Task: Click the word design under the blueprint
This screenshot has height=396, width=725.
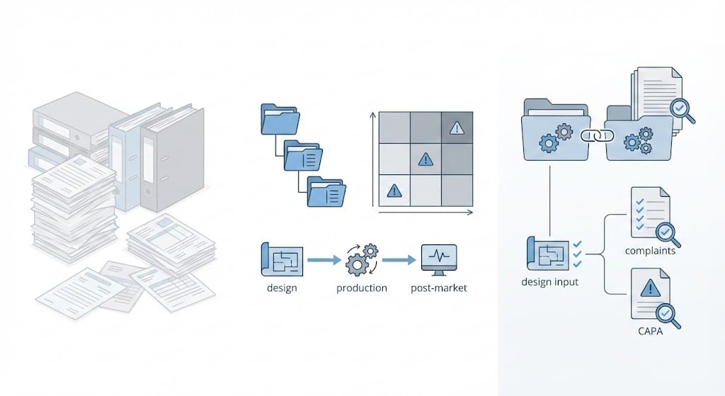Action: (x=282, y=288)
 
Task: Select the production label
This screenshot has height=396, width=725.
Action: (x=362, y=288)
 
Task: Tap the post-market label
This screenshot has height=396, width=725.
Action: (x=439, y=288)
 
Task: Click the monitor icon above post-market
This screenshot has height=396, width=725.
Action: (x=439, y=259)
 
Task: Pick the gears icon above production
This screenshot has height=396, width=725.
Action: (x=362, y=260)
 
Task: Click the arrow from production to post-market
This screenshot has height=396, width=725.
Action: (x=399, y=261)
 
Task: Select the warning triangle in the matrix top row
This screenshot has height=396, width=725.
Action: (x=457, y=128)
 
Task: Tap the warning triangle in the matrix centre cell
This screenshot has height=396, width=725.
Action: (x=426, y=159)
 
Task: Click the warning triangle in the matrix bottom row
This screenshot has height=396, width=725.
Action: (x=394, y=190)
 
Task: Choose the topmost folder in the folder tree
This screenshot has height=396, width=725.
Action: (x=278, y=119)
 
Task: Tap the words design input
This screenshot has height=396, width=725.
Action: (x=549, y=282)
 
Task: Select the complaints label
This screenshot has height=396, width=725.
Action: (x=650, y=251)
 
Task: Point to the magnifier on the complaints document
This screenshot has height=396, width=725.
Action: (x=666, y=232)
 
